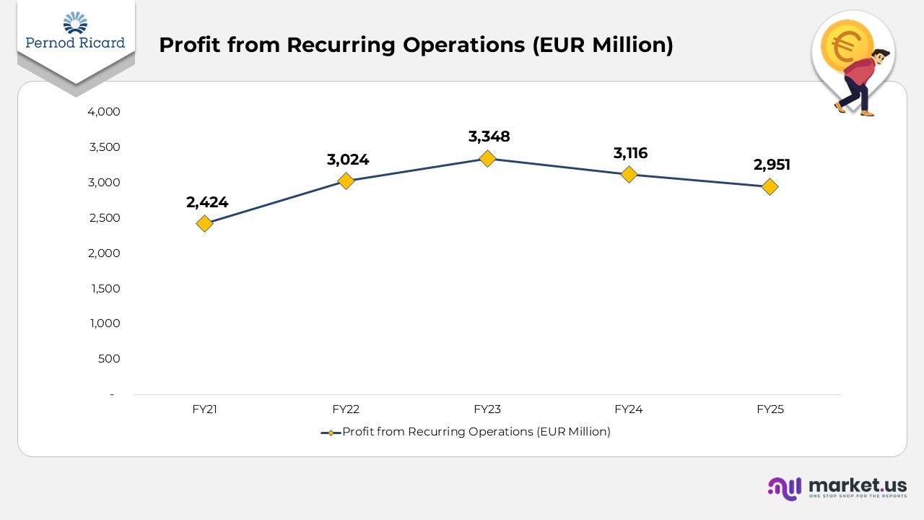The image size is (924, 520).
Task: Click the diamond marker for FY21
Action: coord(204,223)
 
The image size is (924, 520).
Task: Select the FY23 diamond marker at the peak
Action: coord(487,158)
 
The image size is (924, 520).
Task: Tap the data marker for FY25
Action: coord(770,186)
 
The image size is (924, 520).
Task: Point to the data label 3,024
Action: coord(347,160)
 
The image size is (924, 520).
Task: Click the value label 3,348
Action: coord(489,136)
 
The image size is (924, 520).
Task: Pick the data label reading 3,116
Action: coord(630,153)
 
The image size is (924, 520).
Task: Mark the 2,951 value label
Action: coord(772,165)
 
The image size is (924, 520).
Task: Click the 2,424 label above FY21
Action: coord(207,202)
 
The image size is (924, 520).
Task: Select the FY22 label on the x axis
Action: coord(346,409)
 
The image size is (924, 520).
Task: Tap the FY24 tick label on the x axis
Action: coord(629,409)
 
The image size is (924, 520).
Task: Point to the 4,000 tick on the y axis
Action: coord(104,112)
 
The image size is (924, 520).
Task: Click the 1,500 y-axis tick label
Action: coord(105,288)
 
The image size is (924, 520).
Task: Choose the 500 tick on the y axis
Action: coord(110,359)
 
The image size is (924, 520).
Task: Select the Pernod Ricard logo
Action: coord(75,32)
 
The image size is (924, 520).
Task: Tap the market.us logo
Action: coord(837,487)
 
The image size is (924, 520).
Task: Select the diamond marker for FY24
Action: coord(629,174)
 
